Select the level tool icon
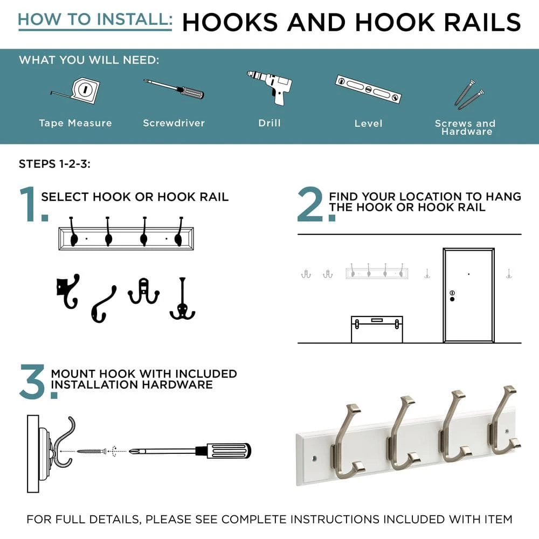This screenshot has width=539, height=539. (368, 89)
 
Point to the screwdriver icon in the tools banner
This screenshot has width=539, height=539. (174, 89)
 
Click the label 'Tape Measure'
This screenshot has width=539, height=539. (75, 123)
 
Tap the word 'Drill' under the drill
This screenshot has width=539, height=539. (269, 123)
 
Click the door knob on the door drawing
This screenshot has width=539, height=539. (452, 299)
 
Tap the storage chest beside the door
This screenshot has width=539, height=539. (377, 329)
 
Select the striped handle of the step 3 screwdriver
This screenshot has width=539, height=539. (224, 451)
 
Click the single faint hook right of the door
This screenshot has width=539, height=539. (509, 274)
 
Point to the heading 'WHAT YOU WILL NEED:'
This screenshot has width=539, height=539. (89, 60)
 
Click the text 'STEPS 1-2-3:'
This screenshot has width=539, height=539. (54, 164)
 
